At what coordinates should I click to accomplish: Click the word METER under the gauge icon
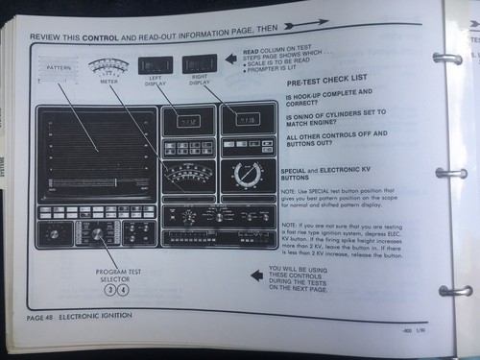click(x=107, y=83)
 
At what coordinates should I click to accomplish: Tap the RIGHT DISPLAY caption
click(x=199, y=81)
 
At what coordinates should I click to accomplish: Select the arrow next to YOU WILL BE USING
click(x=256, y=276)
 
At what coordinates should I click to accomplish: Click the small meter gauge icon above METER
click(x=107, y=66)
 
